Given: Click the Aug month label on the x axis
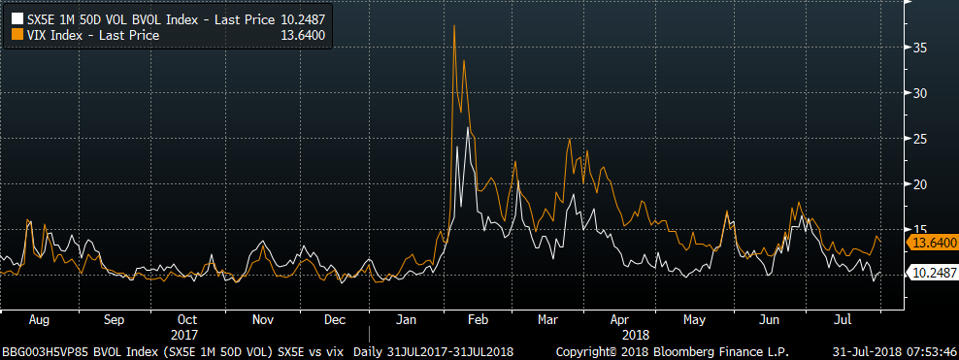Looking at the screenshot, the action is click(39, 319).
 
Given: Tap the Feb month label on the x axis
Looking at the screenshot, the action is click(479, 319).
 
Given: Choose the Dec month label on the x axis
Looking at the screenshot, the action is click(335, 319).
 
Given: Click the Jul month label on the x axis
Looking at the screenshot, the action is click(843, 319).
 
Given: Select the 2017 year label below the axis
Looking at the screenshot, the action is click(186, 335).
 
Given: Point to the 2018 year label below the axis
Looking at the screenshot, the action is click(636, 335).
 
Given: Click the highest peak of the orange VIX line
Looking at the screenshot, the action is click(454, 25).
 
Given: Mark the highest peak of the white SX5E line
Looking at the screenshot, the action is click(468, 128).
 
